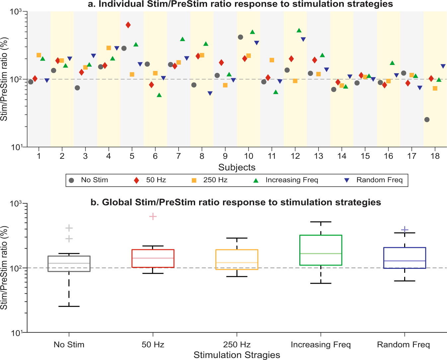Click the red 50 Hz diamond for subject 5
coord(128,25)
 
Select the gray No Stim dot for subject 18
coord(427,120)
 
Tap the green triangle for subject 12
coord(299,30)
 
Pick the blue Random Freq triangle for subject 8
coord(210,93)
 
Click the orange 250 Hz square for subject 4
coord(109,48)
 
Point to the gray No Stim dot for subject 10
coord(241,37)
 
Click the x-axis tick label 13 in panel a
coord(318,156)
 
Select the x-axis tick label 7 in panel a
coord(179,156)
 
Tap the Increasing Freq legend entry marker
coord(256,180)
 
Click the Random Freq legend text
coord(379,180)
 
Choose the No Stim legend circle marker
coord(71,180)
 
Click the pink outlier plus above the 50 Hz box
coord(153,217)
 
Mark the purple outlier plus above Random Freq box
coord(405,230)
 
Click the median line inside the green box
coord(321,254)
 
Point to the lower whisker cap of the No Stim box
coord(69,306)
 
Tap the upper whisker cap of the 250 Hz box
coord(237,238)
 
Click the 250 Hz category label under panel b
coord(237,345)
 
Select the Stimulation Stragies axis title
coord(237,355)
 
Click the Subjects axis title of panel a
coord(237,167)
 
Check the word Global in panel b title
coord(117,202)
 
